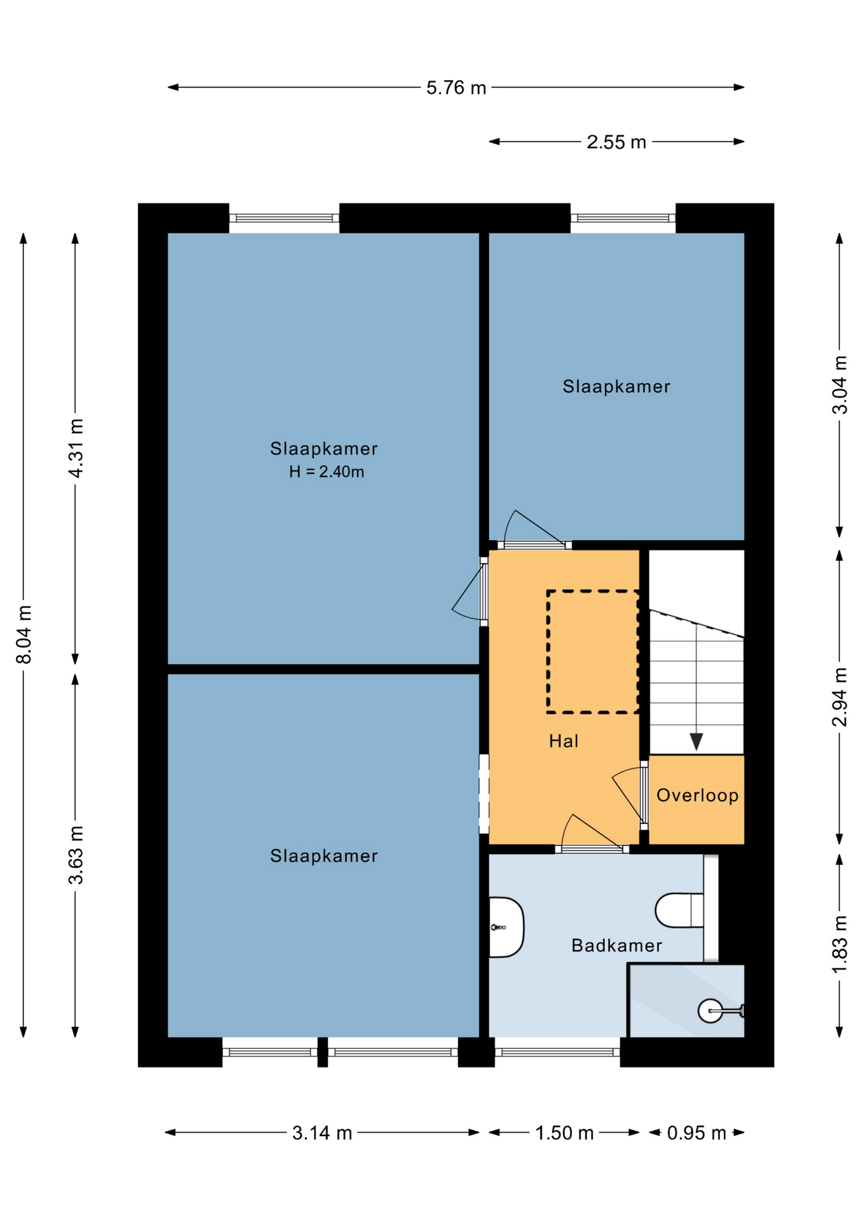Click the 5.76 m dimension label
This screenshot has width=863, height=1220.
click(x=456, y=88)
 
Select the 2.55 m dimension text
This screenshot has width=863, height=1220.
click(x=616, y=142)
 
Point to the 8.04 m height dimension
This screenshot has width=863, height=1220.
click(x=24, y=635)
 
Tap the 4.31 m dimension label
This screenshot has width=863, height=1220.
click(x=76, y=449)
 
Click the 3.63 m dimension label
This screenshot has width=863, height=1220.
click(x=76, y=855)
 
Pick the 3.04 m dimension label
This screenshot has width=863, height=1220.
click(x=839, y=385)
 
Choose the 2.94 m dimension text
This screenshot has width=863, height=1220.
click(x=839, y=697)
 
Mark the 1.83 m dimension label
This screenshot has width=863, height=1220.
click(x=839, y=944)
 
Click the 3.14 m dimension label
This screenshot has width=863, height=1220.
click(x=322, y=1133)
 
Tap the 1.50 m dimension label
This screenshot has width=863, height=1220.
click(x=564, y=1133)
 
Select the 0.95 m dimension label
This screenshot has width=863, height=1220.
click(x=696, y=1133)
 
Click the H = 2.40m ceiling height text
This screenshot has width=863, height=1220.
click(x=327, y=472)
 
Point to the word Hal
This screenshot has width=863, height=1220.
click(x=564, y=741)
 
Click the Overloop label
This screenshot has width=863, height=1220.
click(x=697, y=796)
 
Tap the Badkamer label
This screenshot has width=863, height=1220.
click(x=616, y=945)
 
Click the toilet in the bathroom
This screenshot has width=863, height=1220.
click(x=679, y=910)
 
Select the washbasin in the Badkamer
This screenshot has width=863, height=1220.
click(x=506, y=927)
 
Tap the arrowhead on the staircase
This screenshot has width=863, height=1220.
click(x=696, y=742)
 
